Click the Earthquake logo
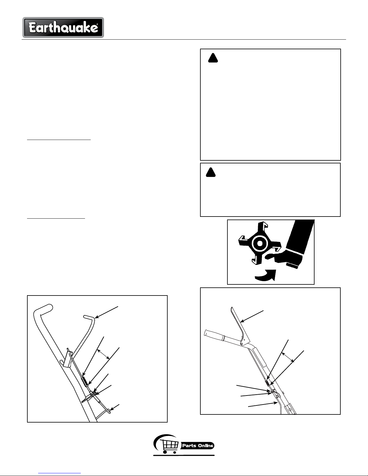pos(63,28)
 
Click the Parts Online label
pos(198,446)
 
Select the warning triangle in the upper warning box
pos(213,58)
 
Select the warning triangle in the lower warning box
pos(211,172)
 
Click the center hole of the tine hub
pos(260,244)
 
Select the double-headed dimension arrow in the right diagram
pos(288,357)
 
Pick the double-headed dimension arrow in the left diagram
pos(103,354)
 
